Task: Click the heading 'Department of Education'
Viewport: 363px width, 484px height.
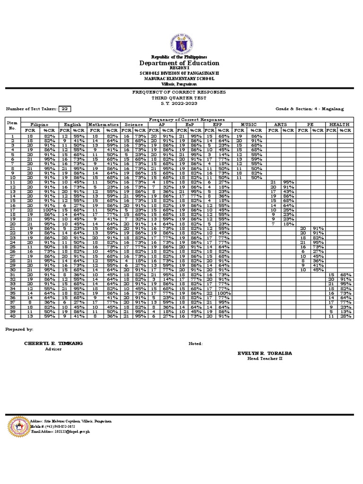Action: (x=179, y=63)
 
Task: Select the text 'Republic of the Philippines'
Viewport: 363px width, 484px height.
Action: (x=179, y=57)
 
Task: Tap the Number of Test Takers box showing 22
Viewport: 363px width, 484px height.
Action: (x=65, y=109)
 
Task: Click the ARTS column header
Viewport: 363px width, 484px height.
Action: (x=280, y=124)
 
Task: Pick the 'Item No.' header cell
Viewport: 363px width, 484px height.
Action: (x=12, y=125)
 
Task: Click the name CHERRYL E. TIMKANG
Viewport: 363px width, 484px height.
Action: (x=46, y=344)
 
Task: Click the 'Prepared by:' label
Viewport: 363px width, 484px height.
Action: (x=19, y=328)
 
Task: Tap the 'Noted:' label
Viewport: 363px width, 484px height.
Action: (x=195, y=344)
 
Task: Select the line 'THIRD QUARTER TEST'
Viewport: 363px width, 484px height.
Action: (x=179, y=97)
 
